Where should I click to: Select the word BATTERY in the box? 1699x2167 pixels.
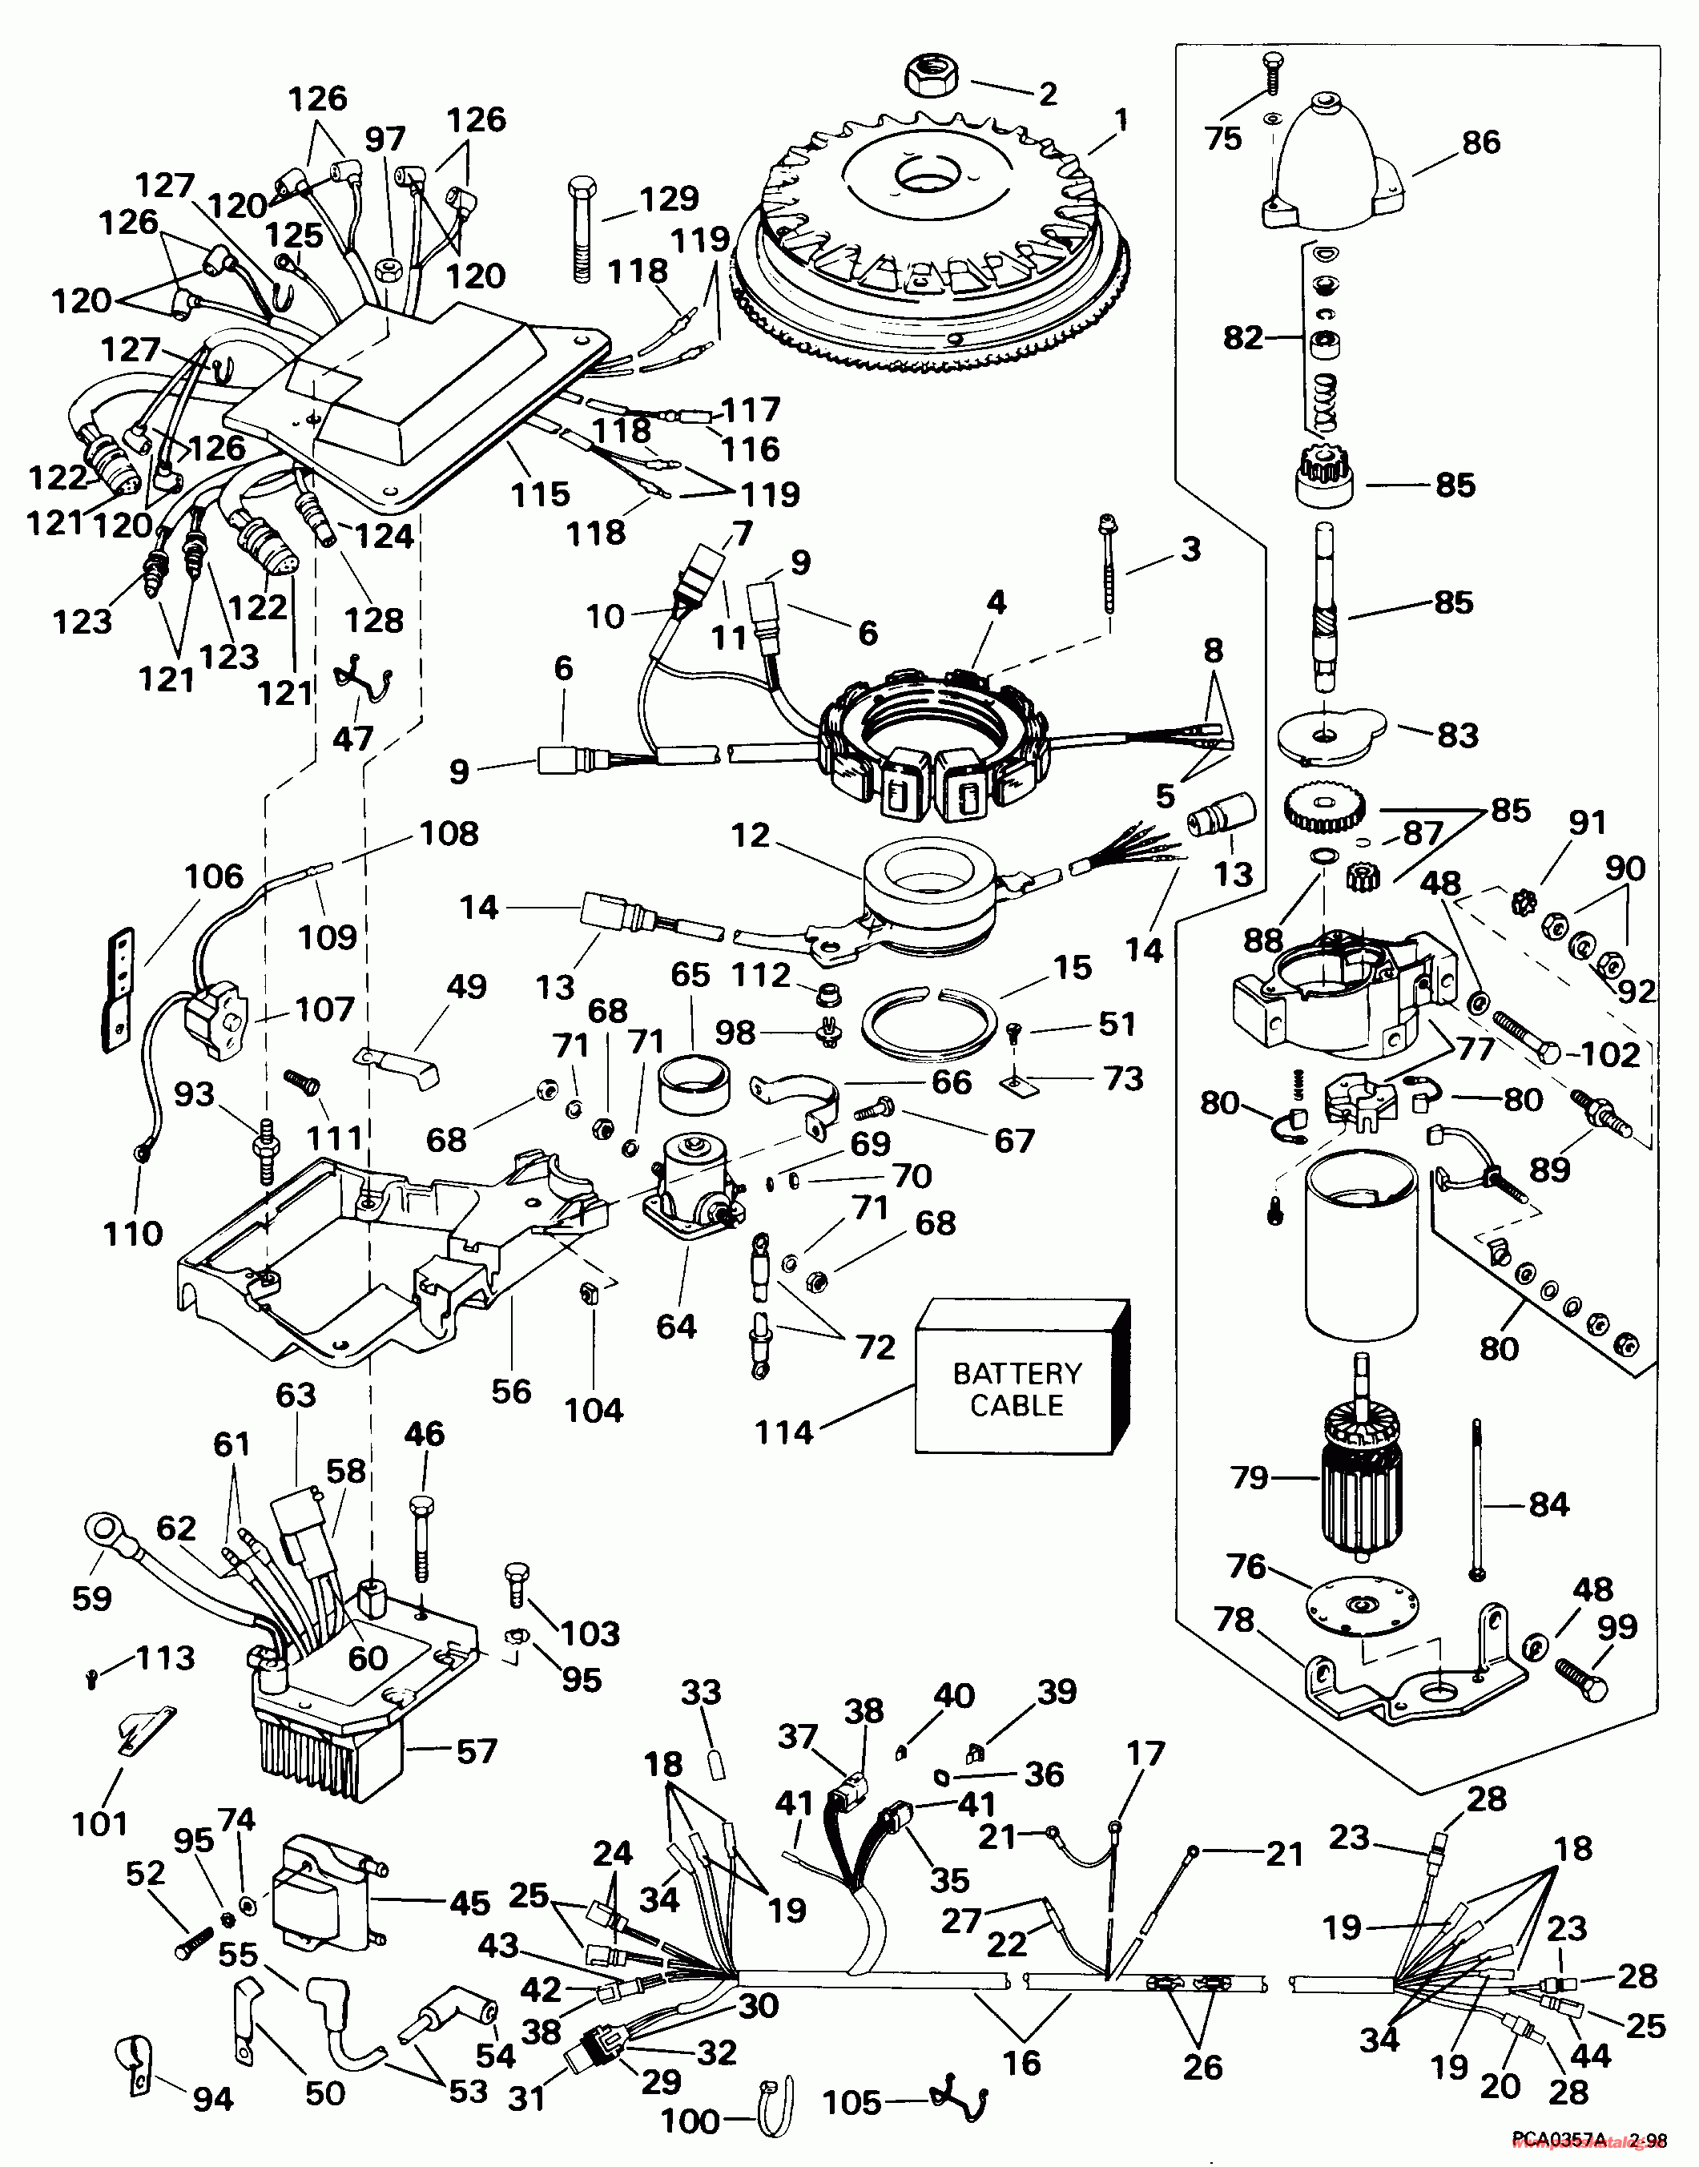click(1017, 1373)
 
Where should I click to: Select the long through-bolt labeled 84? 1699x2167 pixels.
click(1477, 1502)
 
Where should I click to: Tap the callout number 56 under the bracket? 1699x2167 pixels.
click(511, 1390)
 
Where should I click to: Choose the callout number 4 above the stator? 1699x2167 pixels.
click(996, 602)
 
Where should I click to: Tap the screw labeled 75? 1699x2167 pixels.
click(1272, 75)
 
